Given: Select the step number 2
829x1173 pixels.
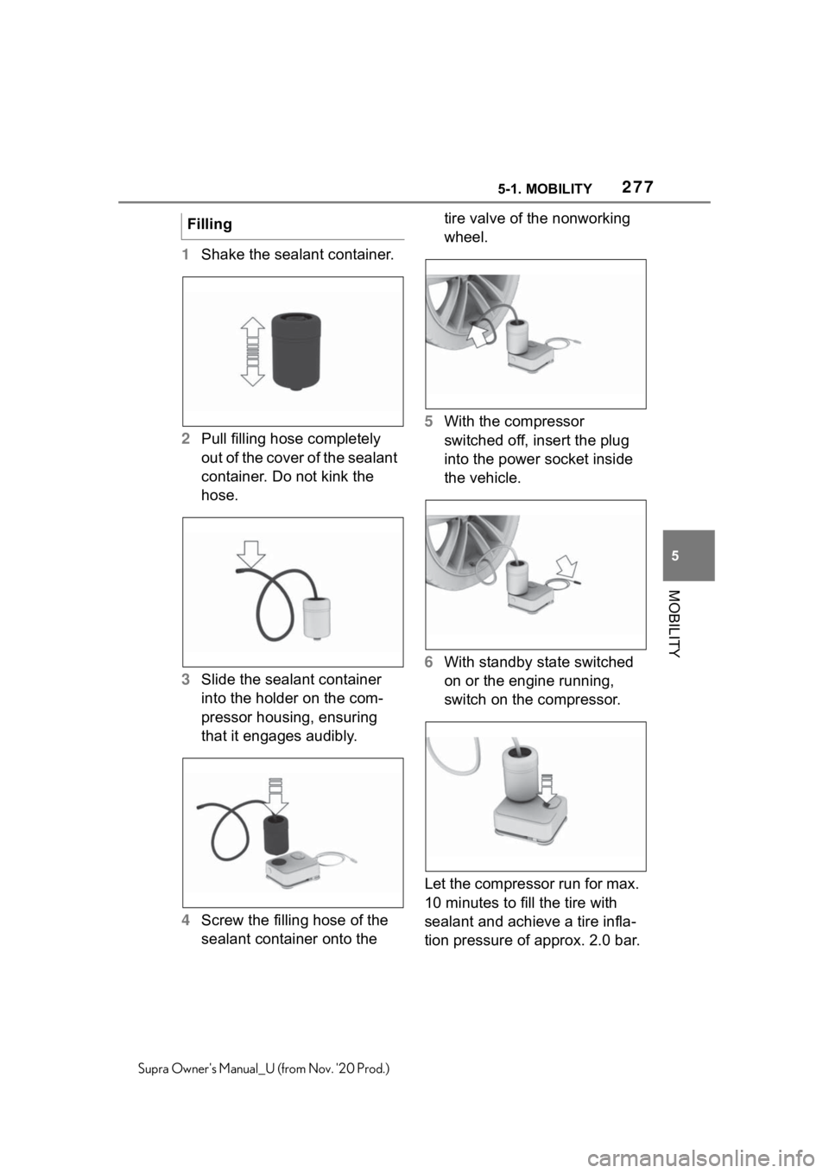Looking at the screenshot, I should [186, 439].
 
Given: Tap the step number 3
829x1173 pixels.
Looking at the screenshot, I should [186, 680].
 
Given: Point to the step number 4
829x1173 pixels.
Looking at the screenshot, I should [186, 920].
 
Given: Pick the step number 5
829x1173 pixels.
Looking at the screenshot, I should [429, 421].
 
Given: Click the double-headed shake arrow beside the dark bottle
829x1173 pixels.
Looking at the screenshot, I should [250, 352].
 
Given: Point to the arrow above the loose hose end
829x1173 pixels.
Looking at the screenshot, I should [251, 553].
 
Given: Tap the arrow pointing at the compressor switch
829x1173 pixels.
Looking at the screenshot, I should [547, 790].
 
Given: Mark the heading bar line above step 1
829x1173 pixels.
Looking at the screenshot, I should [294, 238].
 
